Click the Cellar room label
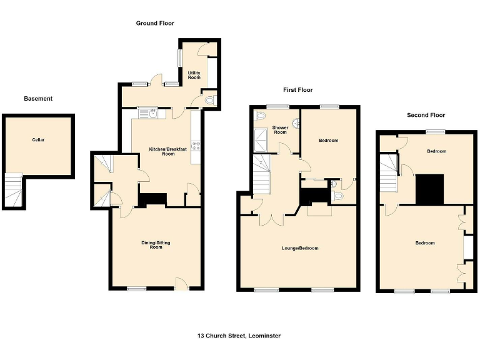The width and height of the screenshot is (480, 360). [39, 140]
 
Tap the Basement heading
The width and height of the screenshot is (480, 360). [38, 99]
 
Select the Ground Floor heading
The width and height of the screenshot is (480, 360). [155, 23]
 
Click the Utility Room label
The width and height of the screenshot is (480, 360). [194, 75]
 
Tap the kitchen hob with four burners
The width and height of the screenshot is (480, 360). [196, 146]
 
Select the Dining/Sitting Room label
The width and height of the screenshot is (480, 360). [156, 244]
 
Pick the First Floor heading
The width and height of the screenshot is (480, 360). [297, 90]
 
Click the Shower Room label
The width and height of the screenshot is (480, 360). [279, 130]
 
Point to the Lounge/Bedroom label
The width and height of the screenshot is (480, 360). [300, 248]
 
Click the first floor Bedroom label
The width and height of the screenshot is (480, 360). [328, 141]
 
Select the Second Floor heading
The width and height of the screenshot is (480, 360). [426, 115]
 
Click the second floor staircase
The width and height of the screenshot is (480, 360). [389, 174]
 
